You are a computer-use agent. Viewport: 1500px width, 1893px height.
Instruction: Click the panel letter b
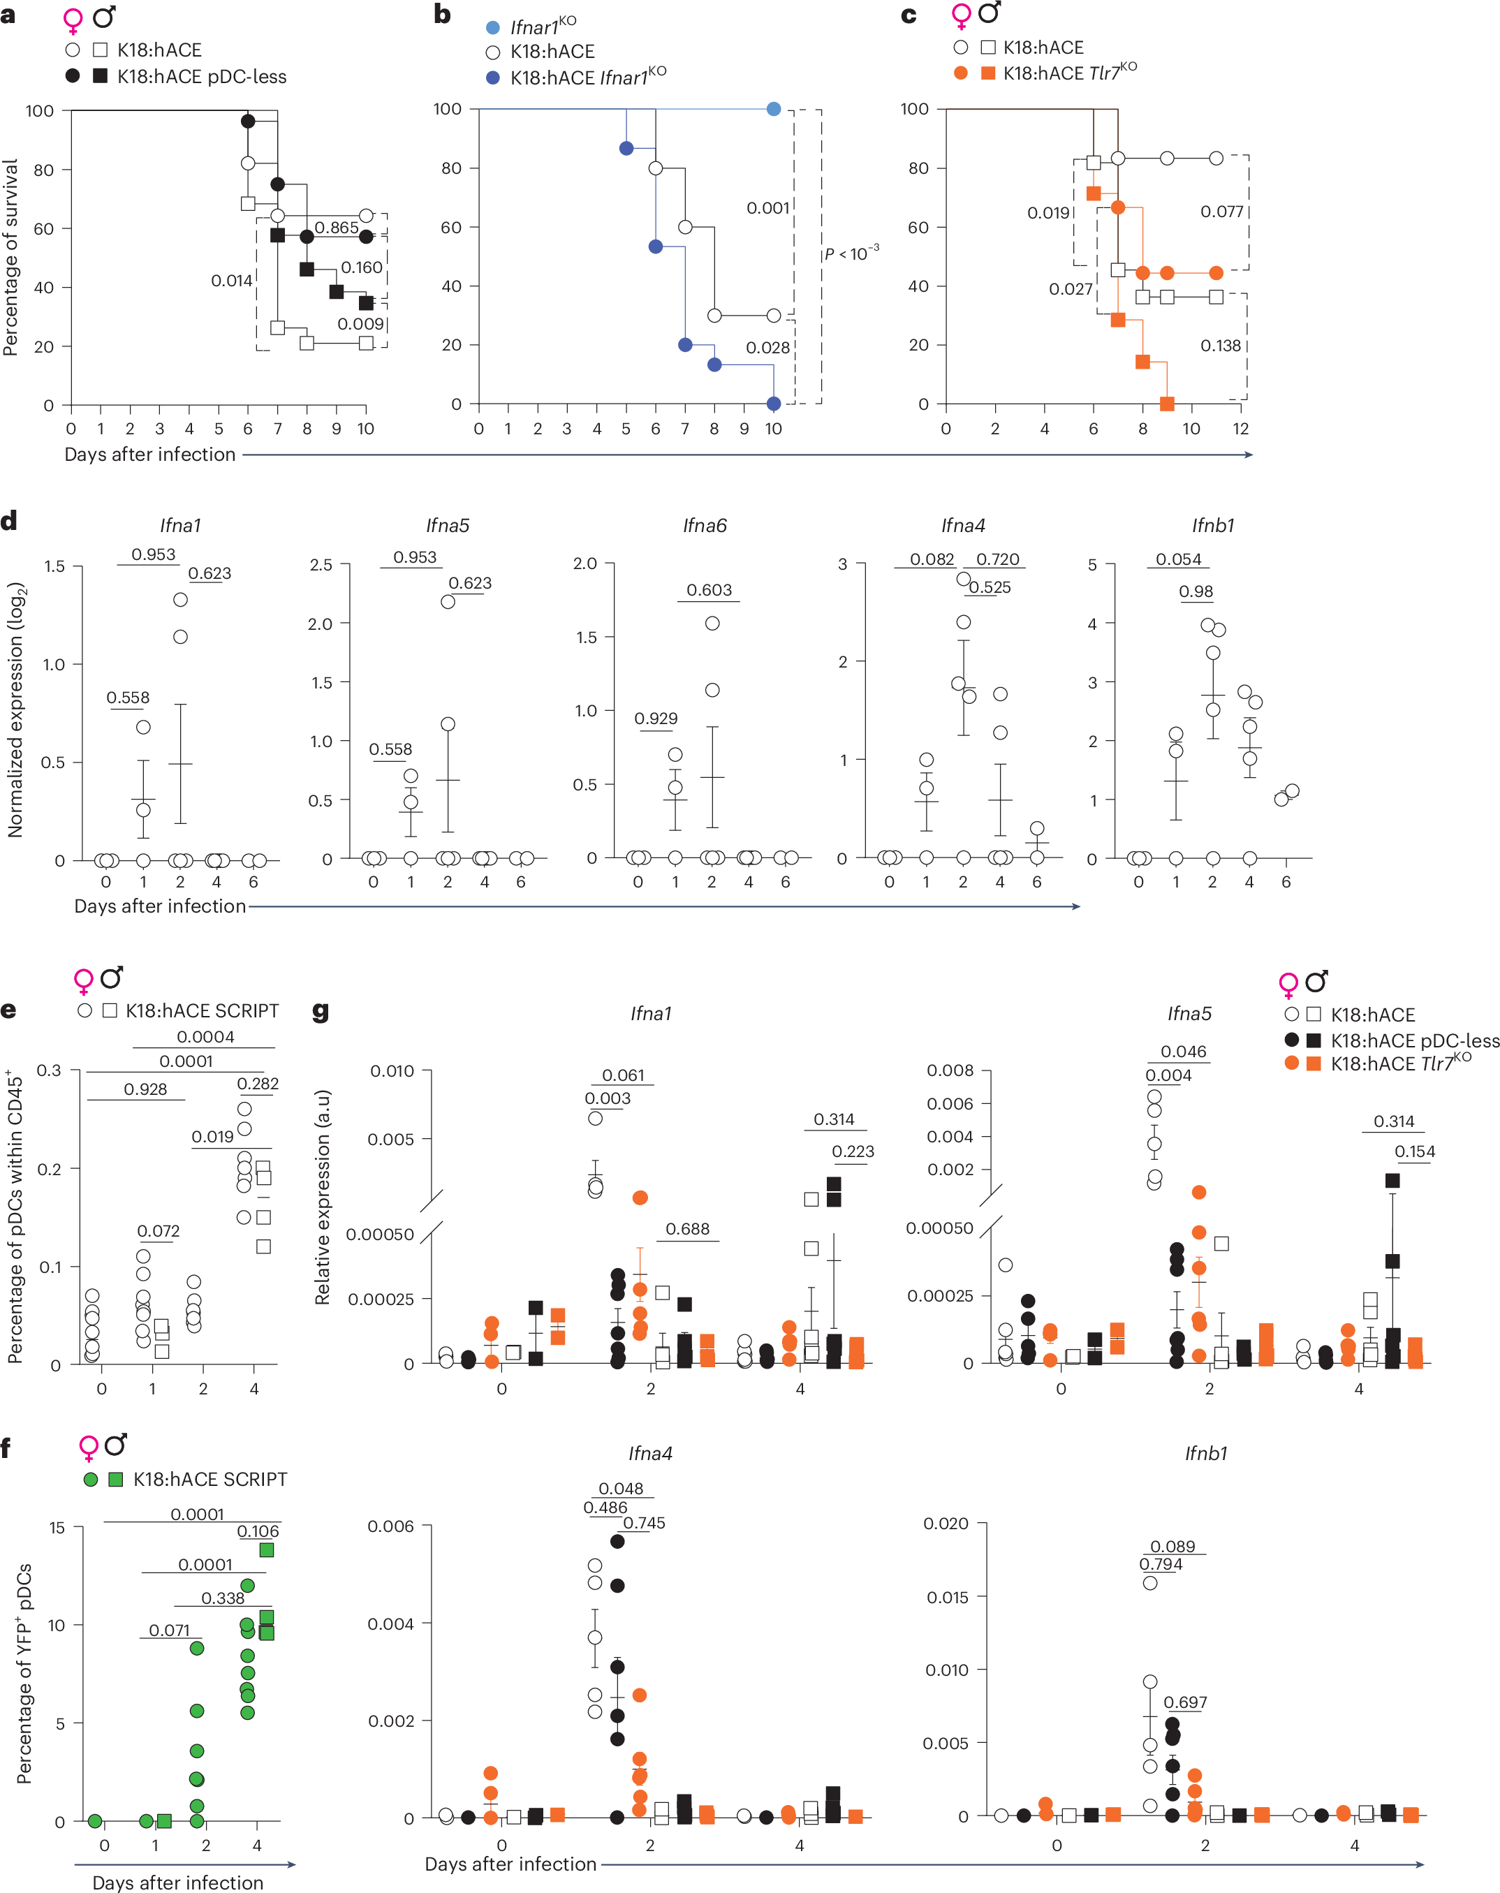click(x=443, y=15)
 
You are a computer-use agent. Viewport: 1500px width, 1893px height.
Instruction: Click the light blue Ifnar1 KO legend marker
click(x=493, y=27)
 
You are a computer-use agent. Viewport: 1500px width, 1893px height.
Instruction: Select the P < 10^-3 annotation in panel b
click(x=851, y=253)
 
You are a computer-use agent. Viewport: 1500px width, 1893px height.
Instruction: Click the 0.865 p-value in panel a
click(x=337, y=228)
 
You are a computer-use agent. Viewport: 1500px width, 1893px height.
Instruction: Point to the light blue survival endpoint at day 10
click(x=773, y=109)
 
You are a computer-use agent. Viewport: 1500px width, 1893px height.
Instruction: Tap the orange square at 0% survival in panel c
click(x=1166, y=404)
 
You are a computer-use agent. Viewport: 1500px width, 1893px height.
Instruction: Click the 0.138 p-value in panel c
click(x=1220, y=345)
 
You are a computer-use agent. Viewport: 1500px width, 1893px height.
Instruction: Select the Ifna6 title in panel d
click(x=705, y=525)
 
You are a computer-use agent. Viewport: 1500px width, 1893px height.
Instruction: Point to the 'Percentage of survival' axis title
click(x=10, y=257)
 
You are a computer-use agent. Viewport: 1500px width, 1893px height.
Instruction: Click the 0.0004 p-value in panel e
click(x=205, y=1036)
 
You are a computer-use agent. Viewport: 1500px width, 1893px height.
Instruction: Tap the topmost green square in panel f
click(x=267, y=1549)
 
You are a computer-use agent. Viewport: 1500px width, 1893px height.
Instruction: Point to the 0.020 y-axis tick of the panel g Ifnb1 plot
click(x=947, y=1524)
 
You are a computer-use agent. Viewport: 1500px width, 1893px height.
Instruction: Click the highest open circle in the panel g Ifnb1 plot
click(x=1149, y=1582)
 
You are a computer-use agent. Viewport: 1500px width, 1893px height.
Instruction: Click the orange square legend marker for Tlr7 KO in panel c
click(x=988, y=73)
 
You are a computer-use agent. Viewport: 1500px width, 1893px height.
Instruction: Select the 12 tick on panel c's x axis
click(x=1240, y=429)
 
